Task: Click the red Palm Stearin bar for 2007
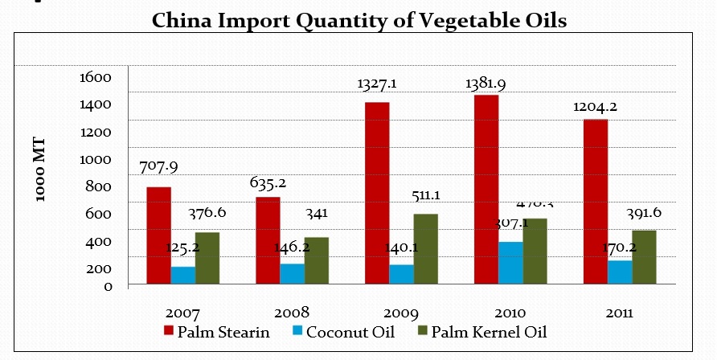click(158, 235)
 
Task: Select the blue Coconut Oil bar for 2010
click(510, 263)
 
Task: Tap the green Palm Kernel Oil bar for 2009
click(426, 248)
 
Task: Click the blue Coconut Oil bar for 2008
click(292, 273)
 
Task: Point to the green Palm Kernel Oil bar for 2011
click(644, 256)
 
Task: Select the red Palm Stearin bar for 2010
click(486, 189)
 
